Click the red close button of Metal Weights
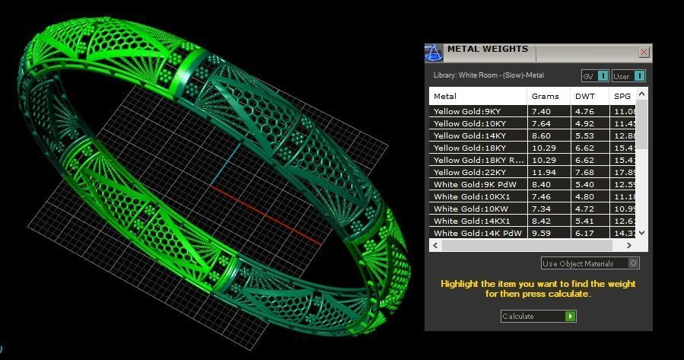coord(644,53)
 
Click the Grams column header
coord(545,96)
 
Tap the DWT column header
coord(584,96)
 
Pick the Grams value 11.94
coord(541,172)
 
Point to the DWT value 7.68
coord(584,172)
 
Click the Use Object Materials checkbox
coord(634,263)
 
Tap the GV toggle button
coord(602,76)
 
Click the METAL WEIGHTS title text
coord(487,49)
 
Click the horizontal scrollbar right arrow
coord(629,246)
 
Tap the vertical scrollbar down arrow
coord(642,233)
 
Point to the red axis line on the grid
coord(266,214)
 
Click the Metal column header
coord(445,96)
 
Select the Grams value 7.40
coord(541,111)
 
